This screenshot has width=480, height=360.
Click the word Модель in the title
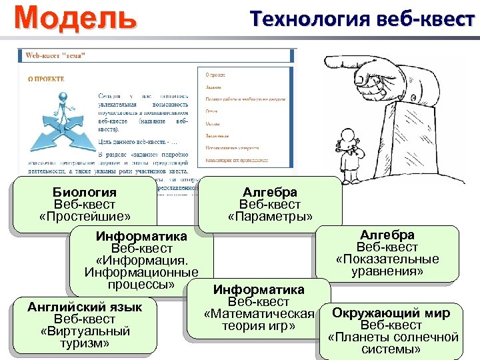coord(75,17)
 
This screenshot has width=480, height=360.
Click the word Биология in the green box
coord(84,193)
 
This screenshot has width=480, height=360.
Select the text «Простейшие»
coord(84,217)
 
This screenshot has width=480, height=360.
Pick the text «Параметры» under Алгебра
coord(270,217)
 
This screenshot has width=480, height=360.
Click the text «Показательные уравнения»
coord(387,265)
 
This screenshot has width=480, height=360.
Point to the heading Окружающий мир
coord(391,313)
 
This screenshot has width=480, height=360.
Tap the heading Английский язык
coord(85,307)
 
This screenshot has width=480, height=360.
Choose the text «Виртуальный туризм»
coord(85,337)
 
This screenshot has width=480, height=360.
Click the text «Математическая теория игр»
coord(259,320)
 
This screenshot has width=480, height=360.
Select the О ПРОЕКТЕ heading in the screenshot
coord(46,79)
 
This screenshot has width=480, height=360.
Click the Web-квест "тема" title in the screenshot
coord(55,56)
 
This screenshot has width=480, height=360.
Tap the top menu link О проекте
coord(215,75)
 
